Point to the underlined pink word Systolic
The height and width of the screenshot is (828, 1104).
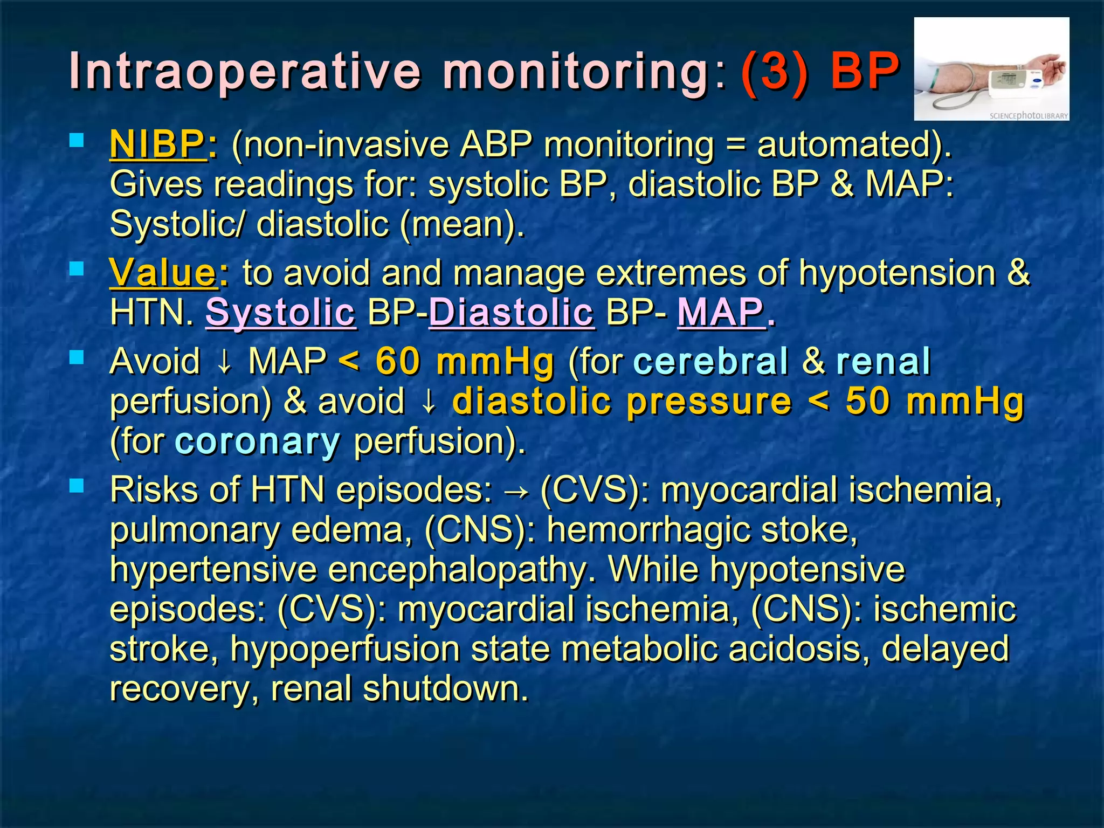point(280,312)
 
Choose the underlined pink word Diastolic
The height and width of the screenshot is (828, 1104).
point(512,312)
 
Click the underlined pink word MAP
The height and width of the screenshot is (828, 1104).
point(720,312)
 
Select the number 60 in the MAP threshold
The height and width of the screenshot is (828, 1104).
point(398,361)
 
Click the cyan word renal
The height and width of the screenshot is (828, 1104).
point(883,361)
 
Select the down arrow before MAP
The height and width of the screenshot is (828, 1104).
point(224,362)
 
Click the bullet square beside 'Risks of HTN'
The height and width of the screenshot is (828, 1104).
point(77,486)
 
